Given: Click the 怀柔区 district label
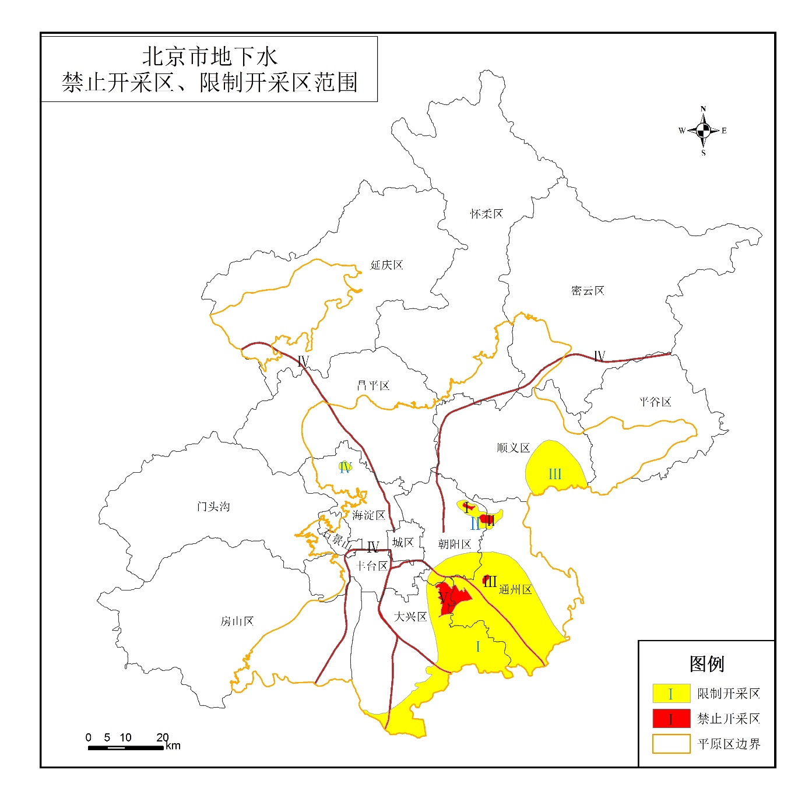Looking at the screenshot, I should pyautogui.click(x=486, y=214).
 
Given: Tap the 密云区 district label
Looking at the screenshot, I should pyautogui.click(x=588, y=290).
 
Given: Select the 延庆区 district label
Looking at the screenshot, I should pyautogui.click(x=386, y=265).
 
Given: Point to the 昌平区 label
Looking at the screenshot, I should pyautogui.click(x=373, y=385).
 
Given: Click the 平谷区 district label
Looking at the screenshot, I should pyautogui.click(x=655, y=402).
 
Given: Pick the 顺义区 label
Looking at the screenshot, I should pyautogui.click(x=513, y=448).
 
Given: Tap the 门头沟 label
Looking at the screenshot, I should pyautogui.click(x=213, y=507).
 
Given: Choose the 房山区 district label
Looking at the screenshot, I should pyautogui.click(x=237, y=621).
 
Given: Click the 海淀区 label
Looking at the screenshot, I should pyautogui.click(x=368, y=515).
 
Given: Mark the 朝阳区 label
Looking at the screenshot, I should pyautogui.click(x=454, y=544).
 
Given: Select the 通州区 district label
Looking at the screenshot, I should pyautogui.click(x=515, y=590).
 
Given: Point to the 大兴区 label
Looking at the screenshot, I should pyautogui.click(x=410, y=617).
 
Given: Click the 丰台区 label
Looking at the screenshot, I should pyautogui.click(x=371, y=566).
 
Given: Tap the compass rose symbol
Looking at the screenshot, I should pyautogui.click(x=703, y=131).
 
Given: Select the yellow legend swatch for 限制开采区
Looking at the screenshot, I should pyautogui.click(x=671, y=693).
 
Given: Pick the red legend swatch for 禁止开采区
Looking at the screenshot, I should pyautogui.click(x=671, y=719).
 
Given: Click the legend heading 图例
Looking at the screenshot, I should pyautogui.click(x=706, y=663).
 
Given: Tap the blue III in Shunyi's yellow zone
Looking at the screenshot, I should pyautogui.click(x=555, y=474).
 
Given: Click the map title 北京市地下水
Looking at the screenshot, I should pyautogui.click(x=210, y=57).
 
